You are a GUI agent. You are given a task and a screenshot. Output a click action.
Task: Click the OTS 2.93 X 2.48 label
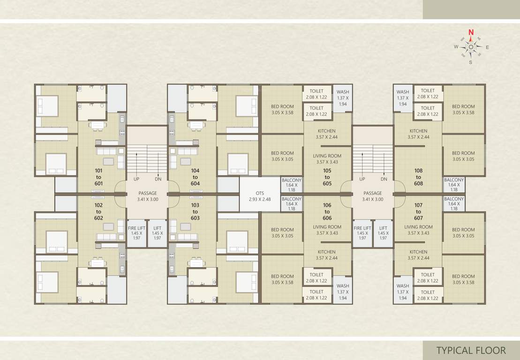click(x=260, y=196)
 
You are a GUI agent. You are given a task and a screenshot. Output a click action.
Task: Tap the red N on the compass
click(x=471, y=32)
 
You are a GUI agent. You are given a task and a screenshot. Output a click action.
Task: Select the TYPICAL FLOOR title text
click(x=471, y=350)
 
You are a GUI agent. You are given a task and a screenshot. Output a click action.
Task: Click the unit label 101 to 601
click(x=98, y=177)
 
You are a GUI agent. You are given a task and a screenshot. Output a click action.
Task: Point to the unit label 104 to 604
click(x=195, y=177)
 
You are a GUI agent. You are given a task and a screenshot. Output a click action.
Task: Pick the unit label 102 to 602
click(x=98, y=212)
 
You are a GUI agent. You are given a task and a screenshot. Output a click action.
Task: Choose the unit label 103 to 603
click(x=195, y=212)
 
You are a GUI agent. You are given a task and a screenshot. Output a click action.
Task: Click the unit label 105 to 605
click(x=327, y=177)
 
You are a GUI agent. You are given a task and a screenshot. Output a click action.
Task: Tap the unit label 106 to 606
click(x=327, y=212)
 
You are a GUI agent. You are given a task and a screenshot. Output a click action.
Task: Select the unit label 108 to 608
click(x=418, y=177)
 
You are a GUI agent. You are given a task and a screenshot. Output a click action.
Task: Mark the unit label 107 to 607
click(x=418, y=212)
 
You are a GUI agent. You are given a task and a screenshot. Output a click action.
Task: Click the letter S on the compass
click(x=470, y=62)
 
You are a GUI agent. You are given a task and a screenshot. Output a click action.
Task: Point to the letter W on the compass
click(x=456, y=47)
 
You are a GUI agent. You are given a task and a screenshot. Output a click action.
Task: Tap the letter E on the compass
click(x=487, y=47)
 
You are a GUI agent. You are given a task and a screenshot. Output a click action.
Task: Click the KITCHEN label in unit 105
click(x=327, y=134)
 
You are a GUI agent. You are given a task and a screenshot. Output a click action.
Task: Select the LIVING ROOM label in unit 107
click(x=418, y=230)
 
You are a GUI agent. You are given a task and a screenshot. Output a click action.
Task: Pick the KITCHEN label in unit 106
click(x=327, y=255)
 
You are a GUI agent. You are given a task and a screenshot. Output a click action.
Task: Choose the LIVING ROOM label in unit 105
click(x=327, y=159)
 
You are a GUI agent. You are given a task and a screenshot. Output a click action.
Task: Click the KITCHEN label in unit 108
click(x=418, y=134)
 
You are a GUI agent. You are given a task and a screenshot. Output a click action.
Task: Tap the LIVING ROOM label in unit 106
click(x=327, y=230)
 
